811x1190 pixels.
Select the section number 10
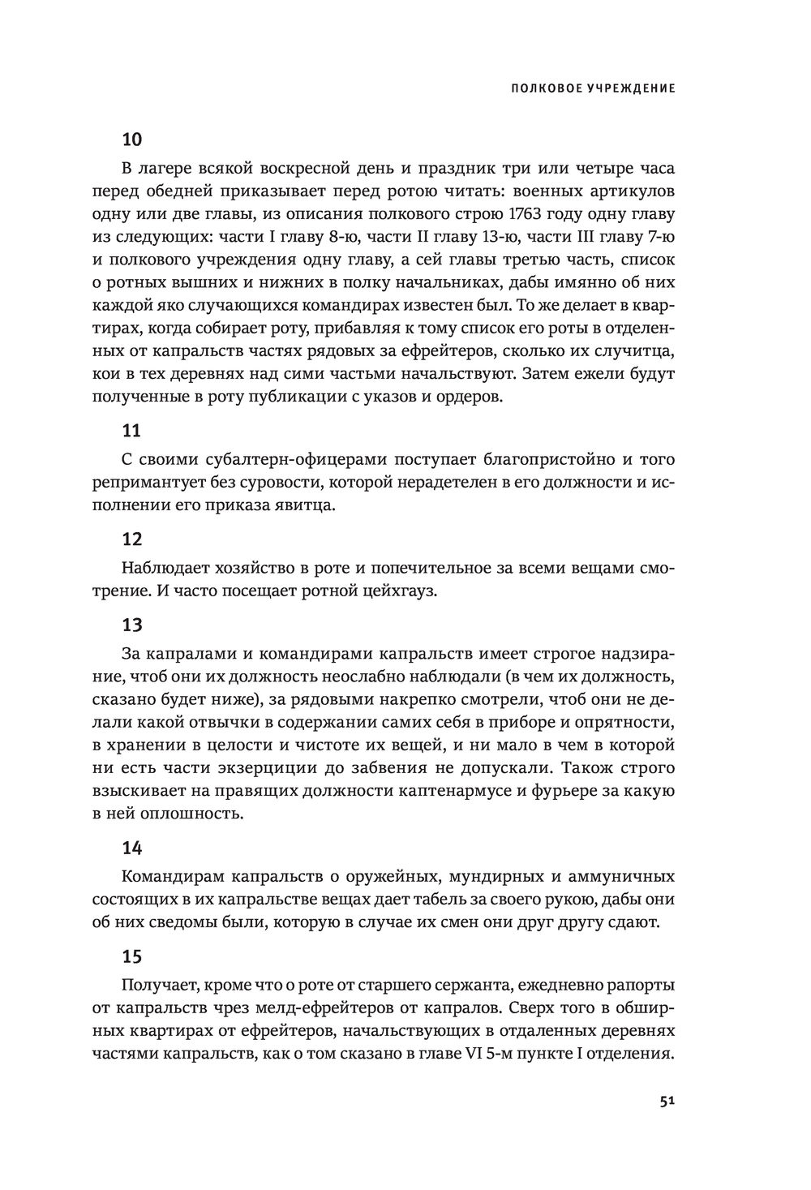(x=132, y=139)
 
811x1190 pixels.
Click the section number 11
(x=131, y=431)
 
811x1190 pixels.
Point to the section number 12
(x=132, y=539)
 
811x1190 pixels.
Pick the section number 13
(x=132, y=625)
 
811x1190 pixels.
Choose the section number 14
(x=132, y=848)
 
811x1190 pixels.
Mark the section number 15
(x=132, y=956)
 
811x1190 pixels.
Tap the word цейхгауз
(x=400, y=591)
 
